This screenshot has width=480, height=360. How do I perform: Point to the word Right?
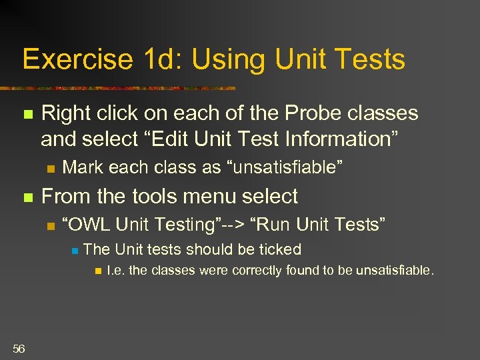click(63, 113)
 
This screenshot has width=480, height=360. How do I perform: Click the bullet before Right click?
click(27, 115)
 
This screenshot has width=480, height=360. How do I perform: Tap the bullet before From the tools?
click(27, 197)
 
